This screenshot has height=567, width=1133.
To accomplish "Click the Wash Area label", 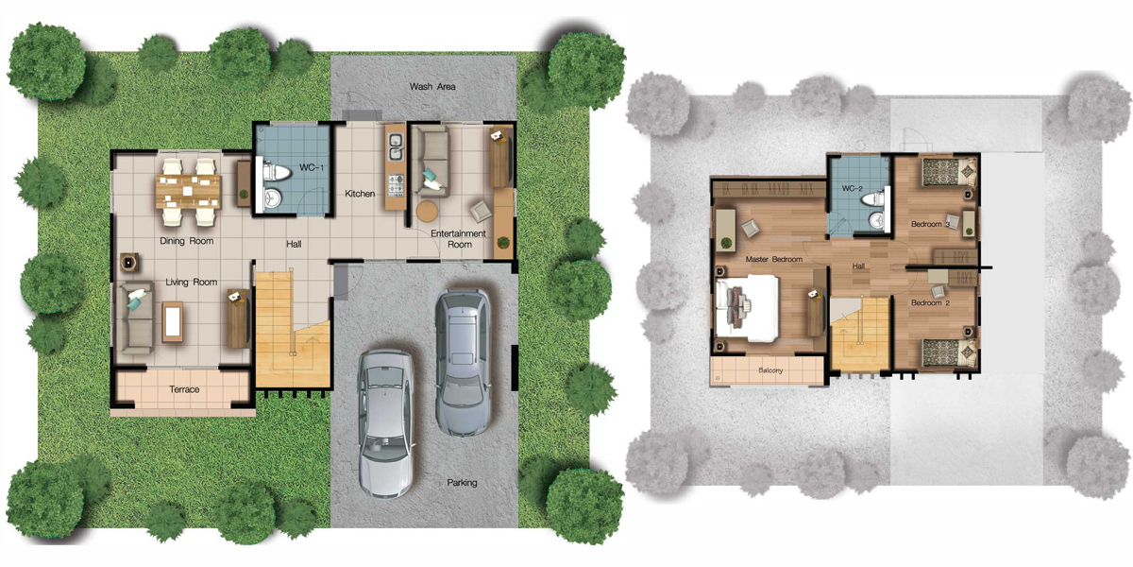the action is click(x=432, y=87).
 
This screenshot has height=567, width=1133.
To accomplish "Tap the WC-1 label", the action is click(x=312, y=167).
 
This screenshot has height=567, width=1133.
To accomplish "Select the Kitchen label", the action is click(x=360, y=194).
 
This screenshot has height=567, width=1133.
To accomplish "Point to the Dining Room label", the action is click(x=187, y=241).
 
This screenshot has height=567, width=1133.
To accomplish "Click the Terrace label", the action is click(x=184, y=389).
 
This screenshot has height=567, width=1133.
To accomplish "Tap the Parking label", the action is click(x=462, y=483).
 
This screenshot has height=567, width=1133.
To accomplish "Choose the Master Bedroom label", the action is click(x=774, y=259).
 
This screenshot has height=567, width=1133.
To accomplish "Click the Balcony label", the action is click(x=770, y=370).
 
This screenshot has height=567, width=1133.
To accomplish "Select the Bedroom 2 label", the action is click(x=930, y=302).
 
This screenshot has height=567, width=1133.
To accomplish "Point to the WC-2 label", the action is click(x=853, y=188).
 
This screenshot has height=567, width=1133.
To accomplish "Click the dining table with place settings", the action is click(x=188, y=191).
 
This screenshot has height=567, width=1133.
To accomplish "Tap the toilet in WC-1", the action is click(x=275, y=173).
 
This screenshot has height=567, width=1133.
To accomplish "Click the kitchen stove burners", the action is click(x=396, y=186).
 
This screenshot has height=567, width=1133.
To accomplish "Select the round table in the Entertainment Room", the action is click(x=428, y=211).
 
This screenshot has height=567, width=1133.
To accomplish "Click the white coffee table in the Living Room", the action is click(x=173, y=322).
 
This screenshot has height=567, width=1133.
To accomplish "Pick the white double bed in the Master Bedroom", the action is click(x=747, y=308).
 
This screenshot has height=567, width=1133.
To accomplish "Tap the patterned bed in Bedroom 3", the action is click(x=950, y=172).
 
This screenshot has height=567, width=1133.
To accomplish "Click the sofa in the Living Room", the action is click(x=136, y=317).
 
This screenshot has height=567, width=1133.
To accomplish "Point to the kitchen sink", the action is click(x=396, y=145).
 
